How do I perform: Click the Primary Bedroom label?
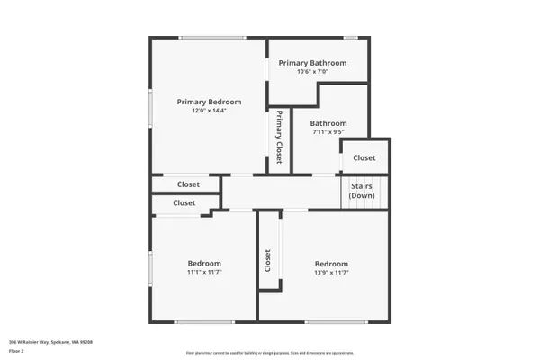click(208, 102)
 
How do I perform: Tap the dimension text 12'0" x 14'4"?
click(208, 112)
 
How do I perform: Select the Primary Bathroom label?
click(312, 63)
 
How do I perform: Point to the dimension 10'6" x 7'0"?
click(312, 72)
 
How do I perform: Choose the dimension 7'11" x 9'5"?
click(328, 132)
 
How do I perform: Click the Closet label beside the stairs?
click(364, 157)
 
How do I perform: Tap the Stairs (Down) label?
click(362, 192)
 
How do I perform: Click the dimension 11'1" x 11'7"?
click(204, 272)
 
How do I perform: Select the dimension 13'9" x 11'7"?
click(332, 272)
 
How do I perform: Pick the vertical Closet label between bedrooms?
click(268, 261)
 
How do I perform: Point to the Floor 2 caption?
click(16, 350)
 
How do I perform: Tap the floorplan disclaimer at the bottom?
click(269, 353)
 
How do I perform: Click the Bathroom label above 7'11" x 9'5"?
click(328, 123)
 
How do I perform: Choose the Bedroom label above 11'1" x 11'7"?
click(204, 262)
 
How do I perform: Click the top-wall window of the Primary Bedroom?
click(212, 37)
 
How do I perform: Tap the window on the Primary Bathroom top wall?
click(350, 37)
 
